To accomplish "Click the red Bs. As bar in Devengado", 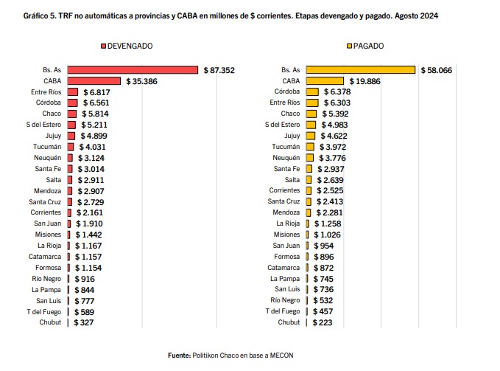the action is click(x=133, y=70).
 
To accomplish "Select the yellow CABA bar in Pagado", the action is click(x=325, y=81).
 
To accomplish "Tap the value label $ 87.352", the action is click(x=219, y=70).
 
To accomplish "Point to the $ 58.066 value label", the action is click(x=436, y=70).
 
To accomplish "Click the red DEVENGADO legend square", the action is click(x=103, y=46).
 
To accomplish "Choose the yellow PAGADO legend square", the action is click(x=349, y=46).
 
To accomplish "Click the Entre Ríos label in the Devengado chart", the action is click(x=46, y=92).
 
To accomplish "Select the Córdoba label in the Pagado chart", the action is click(x=287, y=91).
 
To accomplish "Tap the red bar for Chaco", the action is click(x=72, y=114).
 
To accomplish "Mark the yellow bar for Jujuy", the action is click(x=311, y=136).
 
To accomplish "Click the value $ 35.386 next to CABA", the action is click(x=141, y=81).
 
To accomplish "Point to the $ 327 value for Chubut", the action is click(x=83, y=322).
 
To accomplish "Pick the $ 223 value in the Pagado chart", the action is click(x=323, y=322).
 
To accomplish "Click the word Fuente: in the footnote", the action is click(x=179, y=356).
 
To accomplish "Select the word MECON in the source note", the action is click(x=281, y=356).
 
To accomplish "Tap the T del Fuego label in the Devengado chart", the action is click(x=43, y=311).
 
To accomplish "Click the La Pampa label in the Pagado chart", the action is click(x=285, y=279).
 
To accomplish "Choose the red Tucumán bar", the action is click(x=71, y=147).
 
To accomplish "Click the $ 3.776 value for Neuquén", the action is click(x=332, y=158).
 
